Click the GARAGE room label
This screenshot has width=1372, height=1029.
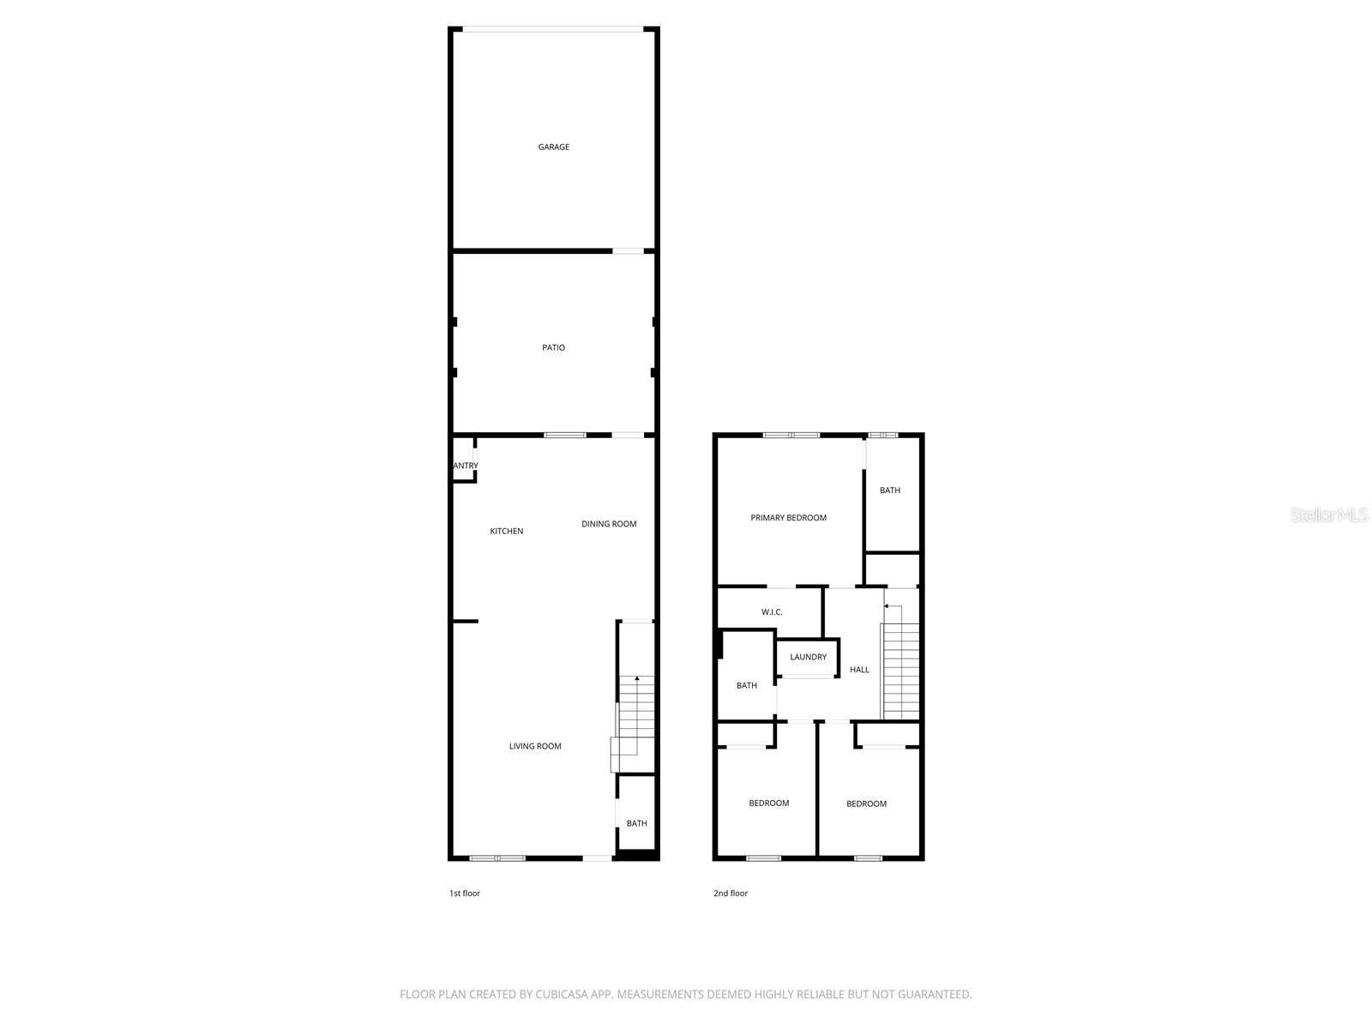point(553,147)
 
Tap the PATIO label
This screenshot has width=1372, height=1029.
point(553,348)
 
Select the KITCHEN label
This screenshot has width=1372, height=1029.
point(506,532)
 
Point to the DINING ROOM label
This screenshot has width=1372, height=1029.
point(609,524)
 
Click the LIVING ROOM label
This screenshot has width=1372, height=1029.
point(535,746)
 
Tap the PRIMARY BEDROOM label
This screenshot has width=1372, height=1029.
point(788,518)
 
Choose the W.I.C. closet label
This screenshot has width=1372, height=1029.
point(772,612)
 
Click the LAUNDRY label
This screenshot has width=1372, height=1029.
point(808,658)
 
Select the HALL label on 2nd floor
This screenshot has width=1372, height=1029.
point(859,670)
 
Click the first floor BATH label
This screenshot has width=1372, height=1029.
point(636,824)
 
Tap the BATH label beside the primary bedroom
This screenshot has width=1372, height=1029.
point(890,490)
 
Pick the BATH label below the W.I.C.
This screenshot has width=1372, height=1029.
point(746,686)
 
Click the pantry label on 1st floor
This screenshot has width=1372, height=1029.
point(465,466)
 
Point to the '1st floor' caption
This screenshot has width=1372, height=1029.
point(465,894)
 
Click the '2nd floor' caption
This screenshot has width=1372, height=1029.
point(731,894)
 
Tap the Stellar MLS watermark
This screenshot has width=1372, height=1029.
point(1329,515)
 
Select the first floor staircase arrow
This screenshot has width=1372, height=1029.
point(636,679)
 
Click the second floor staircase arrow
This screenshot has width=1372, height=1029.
point(887,606)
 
